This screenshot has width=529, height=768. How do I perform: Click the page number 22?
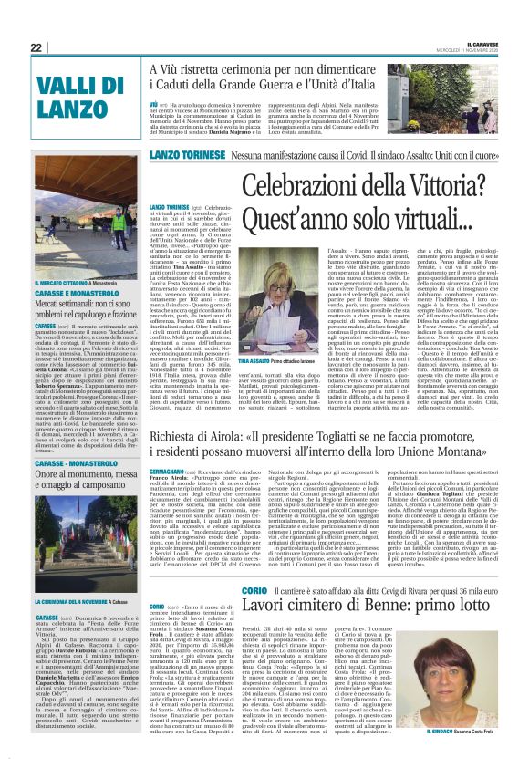[36, 47]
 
